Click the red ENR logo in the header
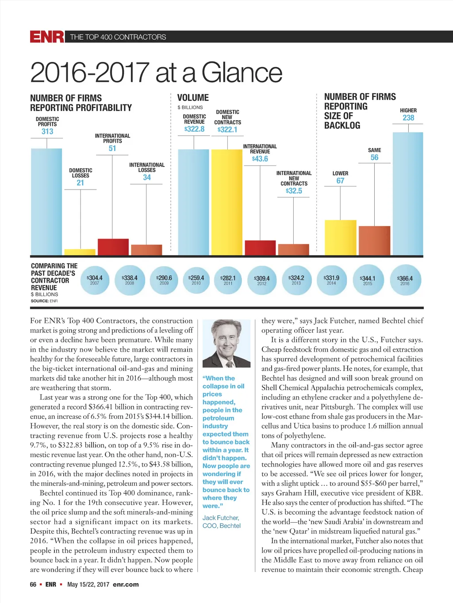[47, 37]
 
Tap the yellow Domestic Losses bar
[80, 252]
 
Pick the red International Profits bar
[113, 247]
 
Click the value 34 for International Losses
[147, 177]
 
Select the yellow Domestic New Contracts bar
[227, 202]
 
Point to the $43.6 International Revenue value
[260, 159]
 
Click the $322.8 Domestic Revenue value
[194, 129]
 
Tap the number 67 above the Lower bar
[340, 181]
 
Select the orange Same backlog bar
[374, 240]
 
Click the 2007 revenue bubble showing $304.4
[95, 280]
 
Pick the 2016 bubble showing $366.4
[405, 280]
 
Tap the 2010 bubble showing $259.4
[196, 280]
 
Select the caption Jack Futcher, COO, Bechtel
[222, 522]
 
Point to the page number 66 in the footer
[33, 584]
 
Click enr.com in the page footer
[126, 584]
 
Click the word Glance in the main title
[242, 72]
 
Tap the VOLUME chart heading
[193, 98]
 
